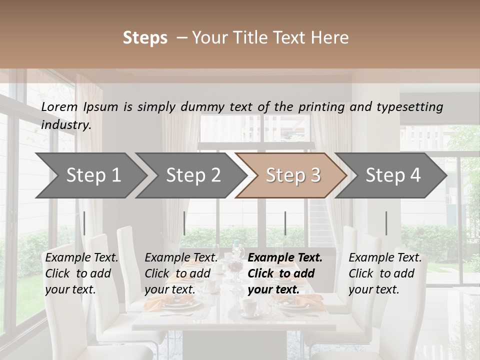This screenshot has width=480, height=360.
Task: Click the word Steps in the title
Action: (x=145, y=38)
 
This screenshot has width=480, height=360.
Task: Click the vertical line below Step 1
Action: (x=84, y=223)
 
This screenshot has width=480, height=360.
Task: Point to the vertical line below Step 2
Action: (x=184, y=223)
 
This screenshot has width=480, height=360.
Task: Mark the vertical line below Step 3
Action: (x=285, y=223)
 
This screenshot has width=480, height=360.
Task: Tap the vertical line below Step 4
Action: (x=386, y=223)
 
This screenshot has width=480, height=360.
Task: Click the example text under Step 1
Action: (x=82, y=273)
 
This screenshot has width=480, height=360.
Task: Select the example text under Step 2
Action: (x=181, y=273)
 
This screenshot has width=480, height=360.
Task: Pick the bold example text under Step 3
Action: (x=285, y=273)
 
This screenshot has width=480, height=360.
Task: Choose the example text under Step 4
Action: (x=385, y=273)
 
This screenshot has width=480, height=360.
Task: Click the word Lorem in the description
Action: (x=59, y=106)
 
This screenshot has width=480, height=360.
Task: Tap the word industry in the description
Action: (x=66, y=125)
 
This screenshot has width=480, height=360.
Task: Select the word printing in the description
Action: (x=320, y=107)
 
